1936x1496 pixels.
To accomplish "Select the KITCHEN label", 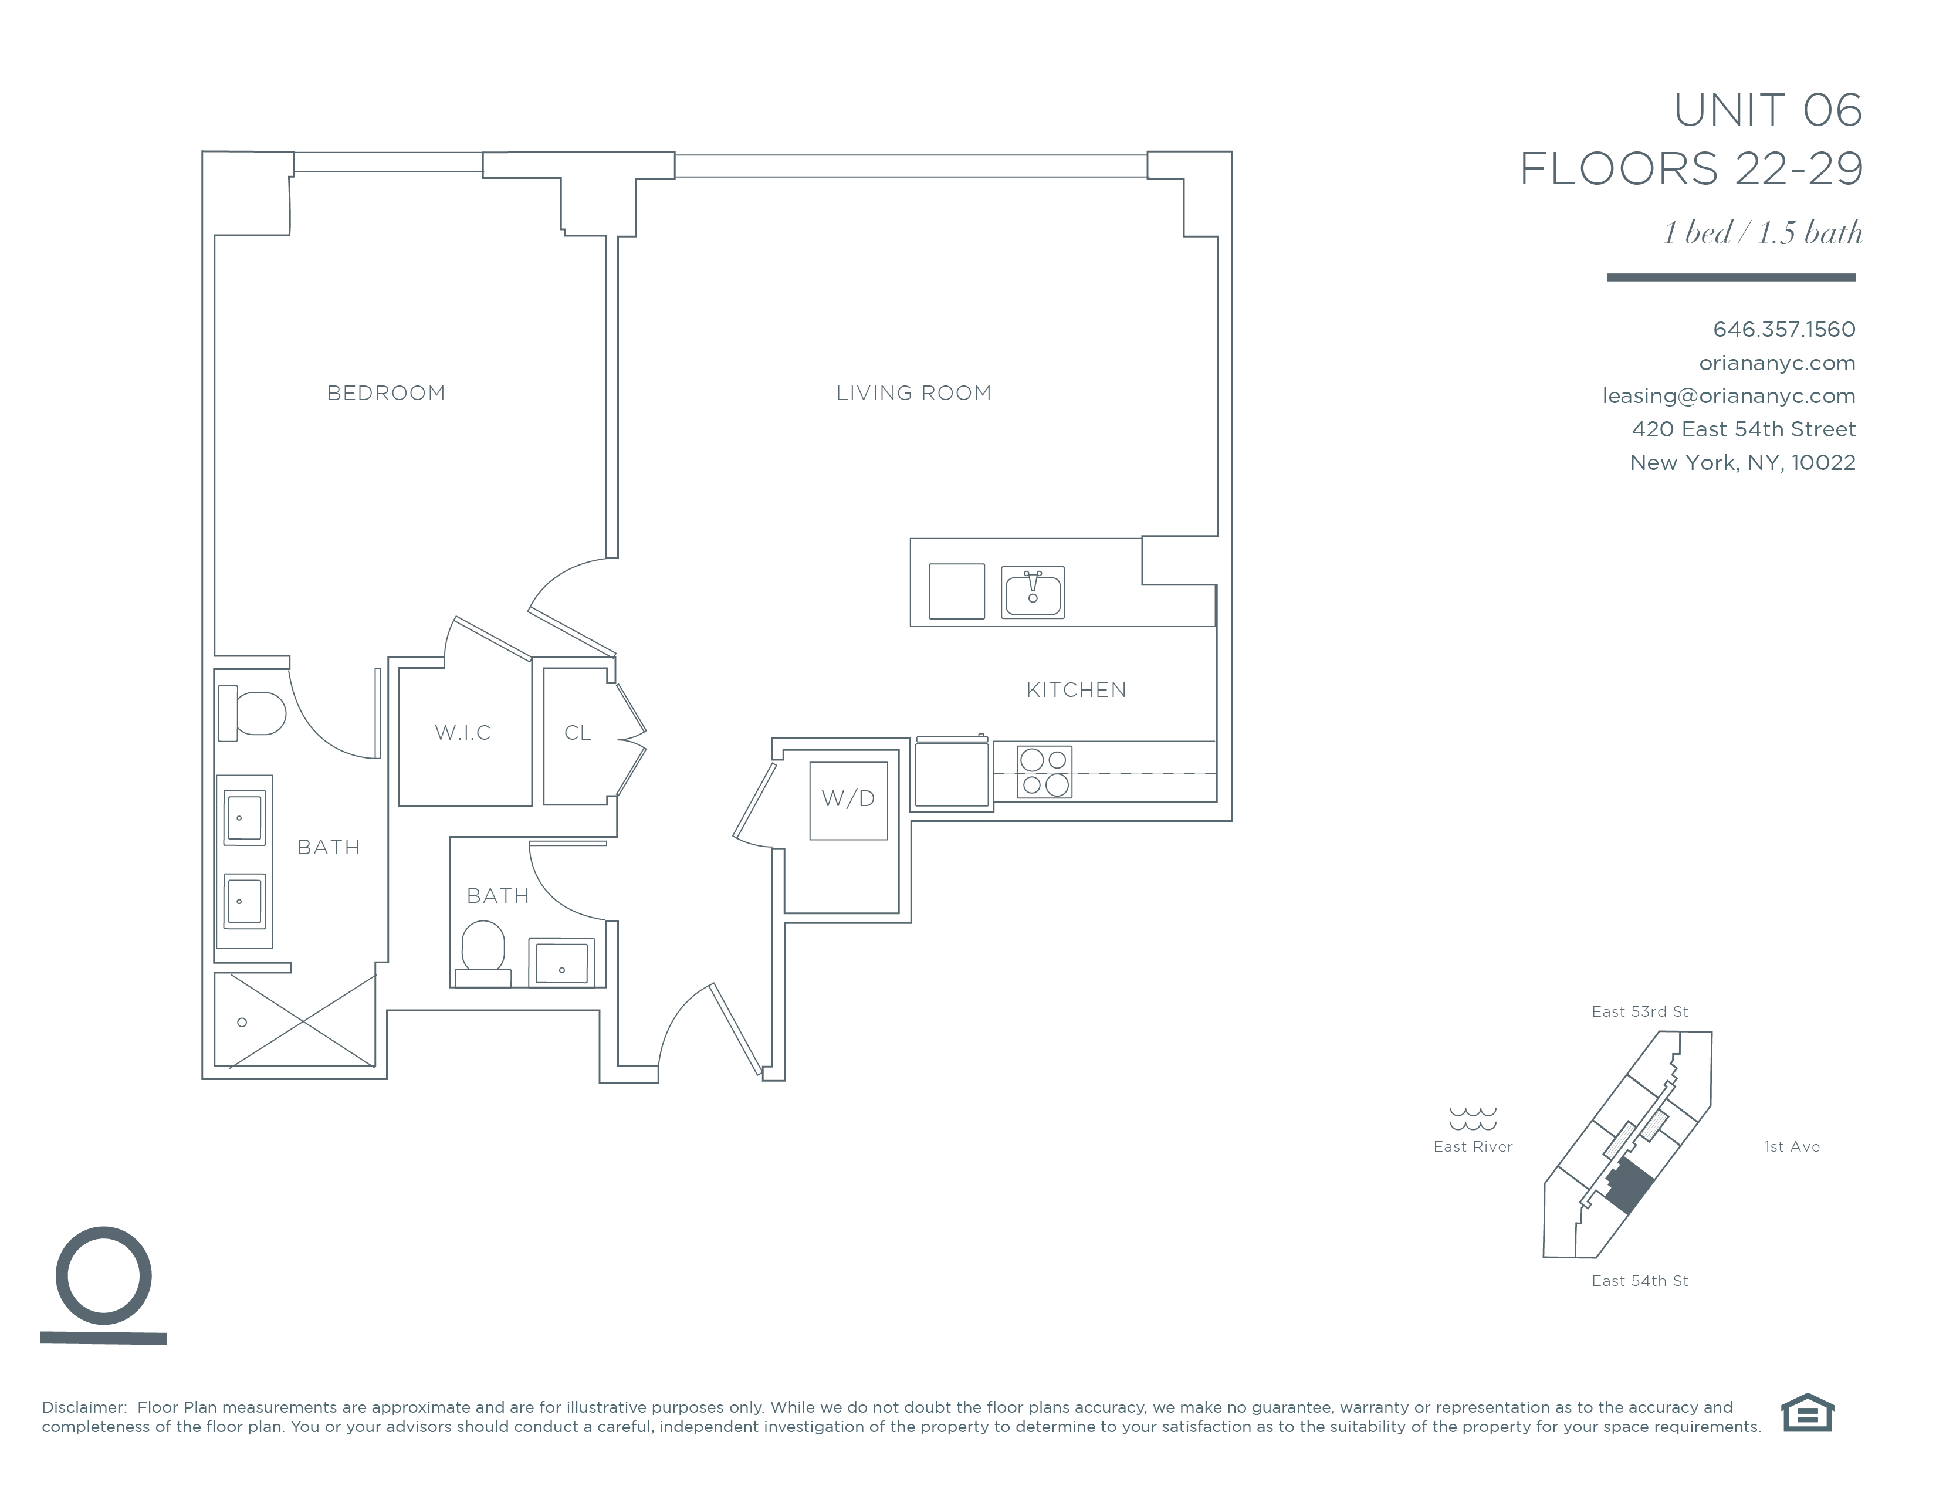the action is click(1076, 689).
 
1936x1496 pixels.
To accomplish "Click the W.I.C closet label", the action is click(463, 733).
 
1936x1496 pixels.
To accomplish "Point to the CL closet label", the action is click(578, 733).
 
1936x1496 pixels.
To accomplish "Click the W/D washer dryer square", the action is click(848, 800).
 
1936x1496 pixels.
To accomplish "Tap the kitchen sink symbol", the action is click(1033, 592).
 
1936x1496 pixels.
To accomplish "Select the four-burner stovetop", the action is click(1044, 772).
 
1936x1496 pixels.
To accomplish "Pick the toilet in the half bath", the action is click(483, 953).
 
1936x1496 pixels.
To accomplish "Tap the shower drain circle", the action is click(242, 1022).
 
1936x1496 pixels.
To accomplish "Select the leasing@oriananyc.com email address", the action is click(1728, 396).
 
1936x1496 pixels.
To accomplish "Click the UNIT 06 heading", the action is click(1768, 111).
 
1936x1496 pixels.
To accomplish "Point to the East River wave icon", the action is click(1473, 1118).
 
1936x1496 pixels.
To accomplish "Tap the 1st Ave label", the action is click(1792, 1147).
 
